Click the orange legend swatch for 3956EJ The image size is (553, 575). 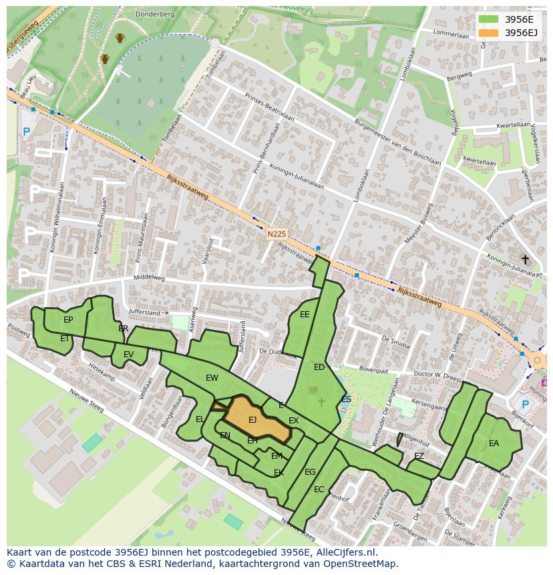[x=488, y=33]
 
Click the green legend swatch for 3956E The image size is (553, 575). [x=488, y=19]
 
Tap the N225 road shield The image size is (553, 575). [x=276, y=234]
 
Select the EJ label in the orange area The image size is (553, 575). [x=252, y=420]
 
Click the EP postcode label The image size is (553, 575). [x=68, y=320]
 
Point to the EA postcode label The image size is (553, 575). [x=494, y=443]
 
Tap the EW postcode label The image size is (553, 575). [x=212, y=378]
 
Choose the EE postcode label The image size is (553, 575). [x=305, y=315]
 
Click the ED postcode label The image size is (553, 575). [x=319, y=367]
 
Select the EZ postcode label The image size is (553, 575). [x=419, y=456]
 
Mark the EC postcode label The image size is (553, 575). [x=319, y=490]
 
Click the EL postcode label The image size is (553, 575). [x=200, y=419]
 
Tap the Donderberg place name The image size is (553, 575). [x=154, y=13]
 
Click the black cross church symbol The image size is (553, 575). [x=525, y=259]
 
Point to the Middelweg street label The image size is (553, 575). [x=149, y=277]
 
